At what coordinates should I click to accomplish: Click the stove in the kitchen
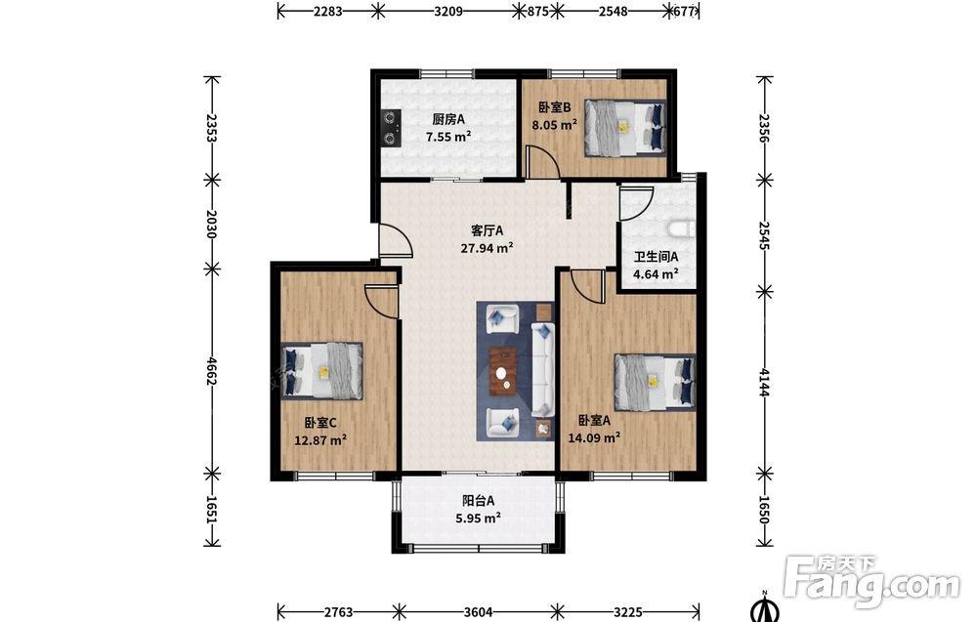391,128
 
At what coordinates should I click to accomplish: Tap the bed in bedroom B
625,127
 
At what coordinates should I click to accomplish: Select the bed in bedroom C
321,370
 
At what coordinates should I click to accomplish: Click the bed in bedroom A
655,383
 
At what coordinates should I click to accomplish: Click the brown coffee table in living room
503,372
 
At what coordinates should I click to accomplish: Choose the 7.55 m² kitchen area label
448,137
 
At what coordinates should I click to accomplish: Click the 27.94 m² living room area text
487,248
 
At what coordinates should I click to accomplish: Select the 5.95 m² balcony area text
479,518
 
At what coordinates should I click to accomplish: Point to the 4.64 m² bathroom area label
656,273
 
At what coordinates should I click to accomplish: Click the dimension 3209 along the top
448,11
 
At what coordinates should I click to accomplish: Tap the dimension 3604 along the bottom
478,612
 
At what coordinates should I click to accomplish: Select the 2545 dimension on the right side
765,235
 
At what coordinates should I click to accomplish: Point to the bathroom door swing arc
637,202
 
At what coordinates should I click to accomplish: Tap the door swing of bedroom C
381,302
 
